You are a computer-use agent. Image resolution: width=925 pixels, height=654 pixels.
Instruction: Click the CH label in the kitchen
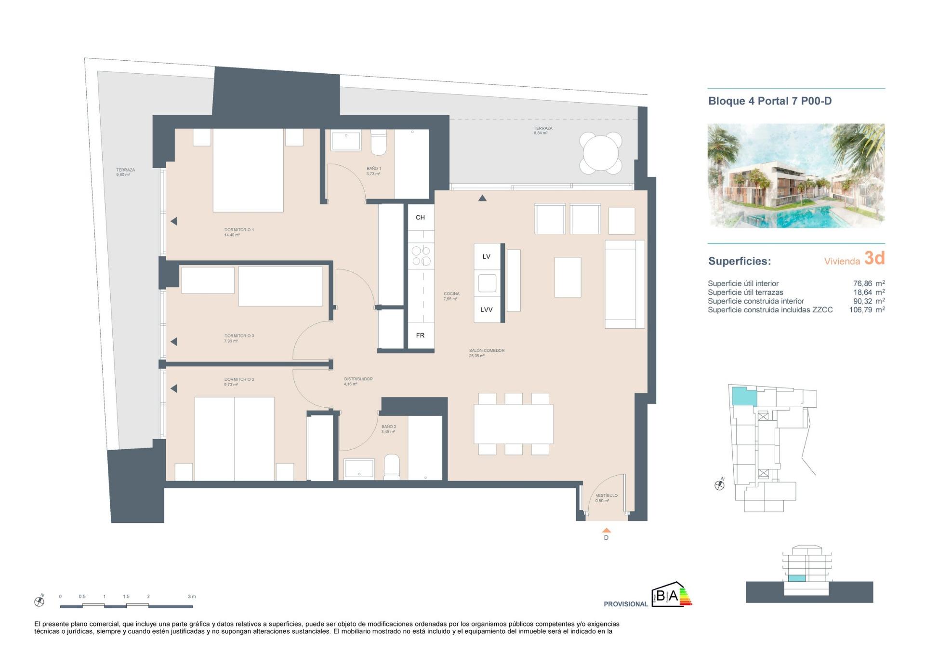tap(420, 217)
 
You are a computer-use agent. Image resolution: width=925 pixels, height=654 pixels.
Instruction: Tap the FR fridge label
tap(420, 335)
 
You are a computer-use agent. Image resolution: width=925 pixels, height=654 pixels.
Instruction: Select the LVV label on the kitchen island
tap(486, 309)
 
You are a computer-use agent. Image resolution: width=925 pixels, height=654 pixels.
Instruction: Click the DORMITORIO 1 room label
tap(239, 230)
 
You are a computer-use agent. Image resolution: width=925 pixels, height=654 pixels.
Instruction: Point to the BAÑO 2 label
tap(389, 427)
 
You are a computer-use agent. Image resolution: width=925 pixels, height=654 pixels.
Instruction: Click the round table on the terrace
tap(600, 153)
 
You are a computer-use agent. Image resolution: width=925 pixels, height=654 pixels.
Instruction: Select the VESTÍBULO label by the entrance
tap(606, 495)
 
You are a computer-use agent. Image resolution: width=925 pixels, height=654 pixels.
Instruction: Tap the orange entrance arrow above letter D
tap(607, 530)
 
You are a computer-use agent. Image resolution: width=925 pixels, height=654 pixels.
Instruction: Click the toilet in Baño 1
tap(378, 143)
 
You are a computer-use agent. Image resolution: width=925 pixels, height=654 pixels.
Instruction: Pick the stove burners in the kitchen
tap(421, 255)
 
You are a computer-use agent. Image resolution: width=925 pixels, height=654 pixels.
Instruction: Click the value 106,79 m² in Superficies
tap(866, 310)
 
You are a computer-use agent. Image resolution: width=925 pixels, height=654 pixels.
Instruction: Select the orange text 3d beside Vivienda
tap(874, 258)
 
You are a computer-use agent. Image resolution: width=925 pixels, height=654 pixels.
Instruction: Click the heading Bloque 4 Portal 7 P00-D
tap(769, 101)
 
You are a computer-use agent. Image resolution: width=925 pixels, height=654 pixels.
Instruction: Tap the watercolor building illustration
tap(795, 175)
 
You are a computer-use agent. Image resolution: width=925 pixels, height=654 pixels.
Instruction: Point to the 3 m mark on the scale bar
tap(192, 597)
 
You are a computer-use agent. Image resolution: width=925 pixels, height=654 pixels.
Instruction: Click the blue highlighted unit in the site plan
tap(743, 396)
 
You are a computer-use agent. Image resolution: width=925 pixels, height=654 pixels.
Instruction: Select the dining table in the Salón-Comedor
tap(513, 424)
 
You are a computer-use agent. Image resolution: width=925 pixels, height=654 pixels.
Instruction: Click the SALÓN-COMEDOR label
tap(487, 350)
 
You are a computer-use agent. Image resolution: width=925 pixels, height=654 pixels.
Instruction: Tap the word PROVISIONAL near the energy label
tap(625, 604)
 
